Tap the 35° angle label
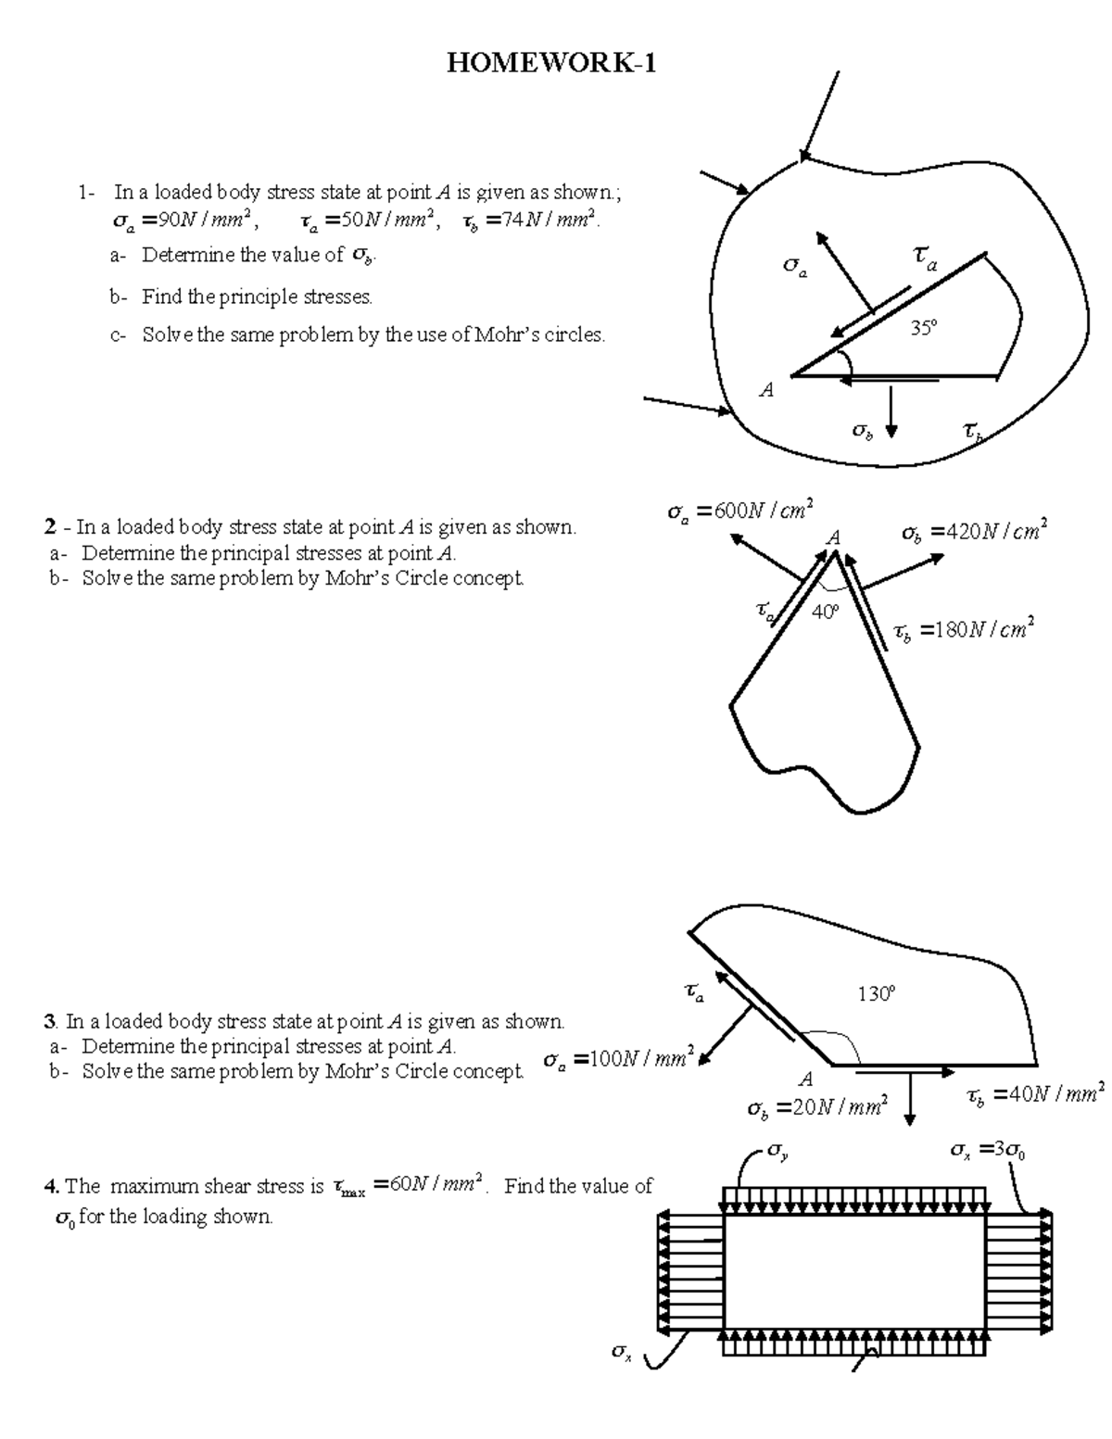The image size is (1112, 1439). pos(922,327)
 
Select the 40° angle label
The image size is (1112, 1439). pos(825,612)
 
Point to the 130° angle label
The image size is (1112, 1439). pos(876,994)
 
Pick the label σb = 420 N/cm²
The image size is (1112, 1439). pos(974,533)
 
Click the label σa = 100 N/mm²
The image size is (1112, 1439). pos(617,1058)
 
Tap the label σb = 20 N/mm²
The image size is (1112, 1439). pos(816,1107)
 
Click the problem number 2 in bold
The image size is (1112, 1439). pos(50,527)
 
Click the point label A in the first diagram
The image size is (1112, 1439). pos(766,391)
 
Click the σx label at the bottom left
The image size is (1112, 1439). pos(621,1353)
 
